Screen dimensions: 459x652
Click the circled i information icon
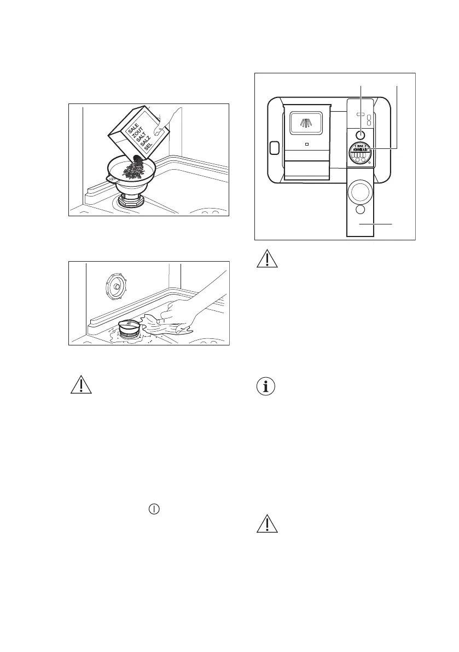point(267,386)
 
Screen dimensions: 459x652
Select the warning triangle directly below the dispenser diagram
point(267,259)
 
